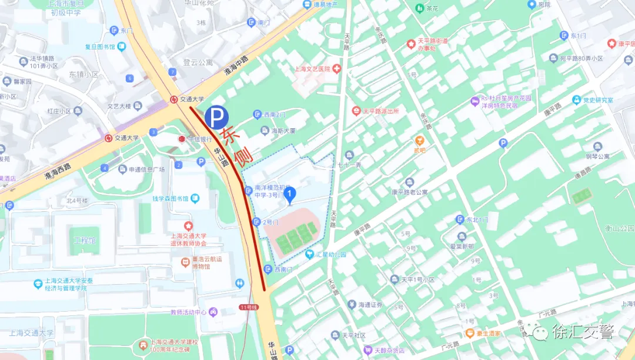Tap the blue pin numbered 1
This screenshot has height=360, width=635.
pyautogui.click(x=289, y=195)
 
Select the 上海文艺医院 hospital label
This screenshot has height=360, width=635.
pyautogui.click(x=313, y=69)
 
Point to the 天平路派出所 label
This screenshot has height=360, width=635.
pyautogui.click(x=380, y=111)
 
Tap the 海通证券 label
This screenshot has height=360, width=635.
pyautogui.click(x=370, y=305)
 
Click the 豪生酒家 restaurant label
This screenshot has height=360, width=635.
pyautogui.click(x=489, y=333)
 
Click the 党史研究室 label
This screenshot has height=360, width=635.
pyautogui.click(x=597, y=101)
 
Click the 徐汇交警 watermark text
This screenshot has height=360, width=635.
pyautogui.click(x=582, y=332)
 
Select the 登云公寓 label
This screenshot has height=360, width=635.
pyautogui.click(x=198, y=62)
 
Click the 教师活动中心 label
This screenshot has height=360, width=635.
pyautogui.click(x=189, y=312)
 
